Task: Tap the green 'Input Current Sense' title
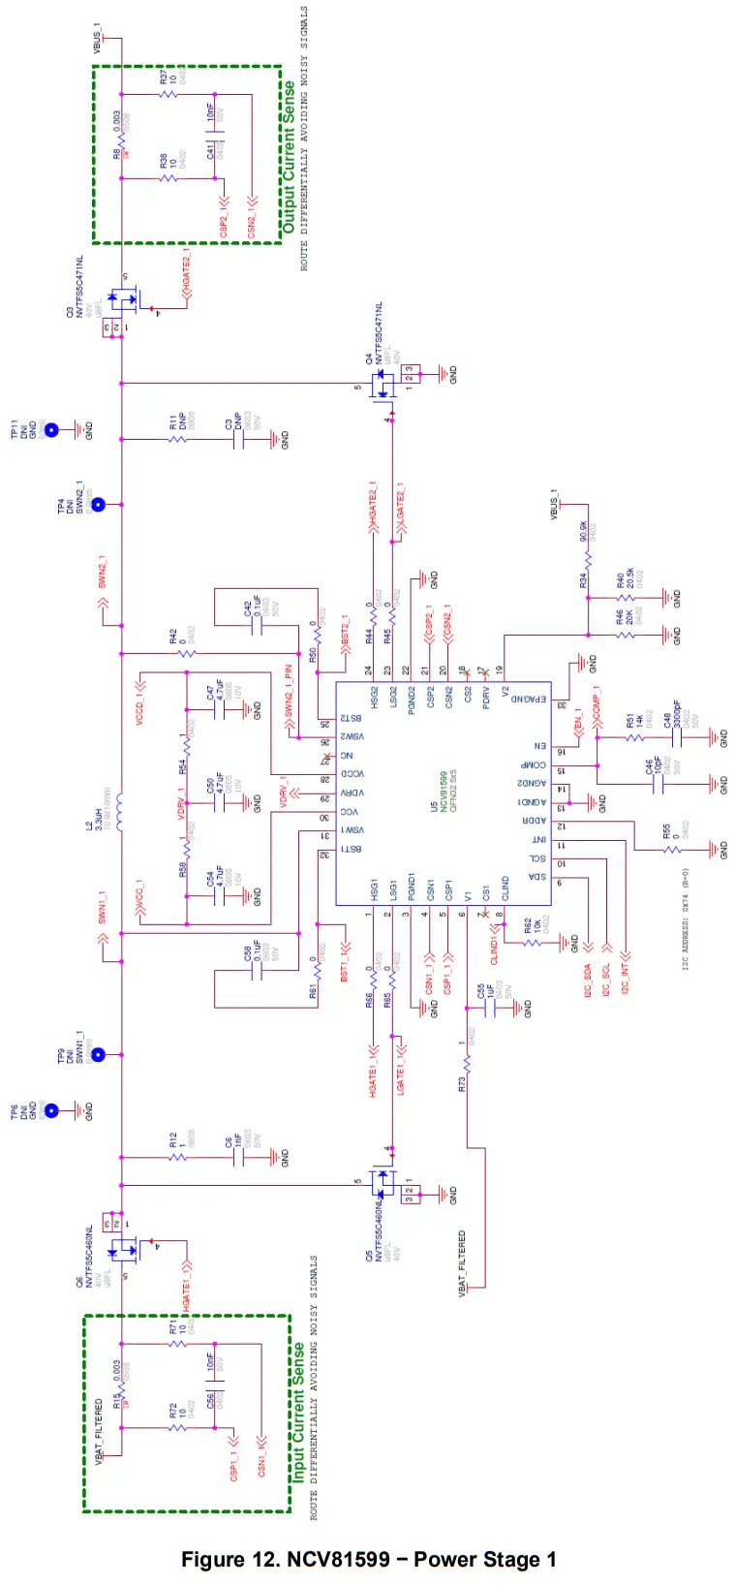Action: pos(299,1411)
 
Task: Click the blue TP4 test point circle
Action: pos(97,505)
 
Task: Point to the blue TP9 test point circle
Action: pos(97,1054)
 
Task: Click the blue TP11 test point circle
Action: pos(52,430)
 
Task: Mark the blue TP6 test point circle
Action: pos(52,1111)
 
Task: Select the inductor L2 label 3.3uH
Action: pos(97,811)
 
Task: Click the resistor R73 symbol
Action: pos(466,1064)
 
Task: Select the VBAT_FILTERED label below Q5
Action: pos(462,1261)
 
